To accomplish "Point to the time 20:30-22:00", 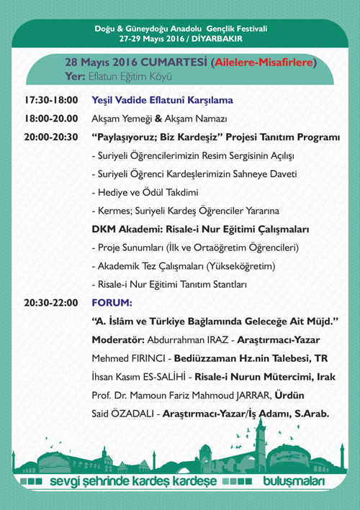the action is pos(50,303).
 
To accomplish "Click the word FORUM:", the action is pos(112,303).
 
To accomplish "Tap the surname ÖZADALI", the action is pos(135,414).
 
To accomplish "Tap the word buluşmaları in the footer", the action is pos(294,481).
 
